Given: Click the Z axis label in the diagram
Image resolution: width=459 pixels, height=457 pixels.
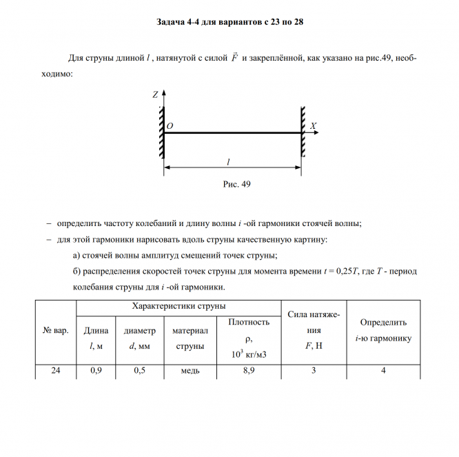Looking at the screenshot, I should click(156, 94).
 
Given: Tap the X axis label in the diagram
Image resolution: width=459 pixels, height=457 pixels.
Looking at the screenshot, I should click(313, 126).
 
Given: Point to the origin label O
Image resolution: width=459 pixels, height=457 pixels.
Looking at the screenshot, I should click(170, 127).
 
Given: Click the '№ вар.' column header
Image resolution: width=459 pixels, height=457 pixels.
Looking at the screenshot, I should click(56, 331).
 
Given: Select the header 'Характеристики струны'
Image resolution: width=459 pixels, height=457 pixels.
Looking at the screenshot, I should click(178, 305).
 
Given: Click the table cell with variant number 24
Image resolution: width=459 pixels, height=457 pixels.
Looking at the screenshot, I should click(56, 371).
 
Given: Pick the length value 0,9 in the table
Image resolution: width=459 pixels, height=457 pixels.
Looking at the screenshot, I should click(96, 371).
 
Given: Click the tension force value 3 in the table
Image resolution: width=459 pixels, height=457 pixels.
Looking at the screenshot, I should click(314, 371).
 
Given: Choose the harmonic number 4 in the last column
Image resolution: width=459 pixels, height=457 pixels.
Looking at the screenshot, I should click(383, 371).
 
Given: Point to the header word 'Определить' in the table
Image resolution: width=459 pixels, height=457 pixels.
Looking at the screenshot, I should click(383, 322).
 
